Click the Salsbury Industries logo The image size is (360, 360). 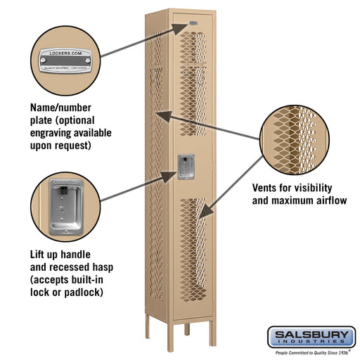point(315,335)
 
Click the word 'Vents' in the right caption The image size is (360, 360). point(268,189)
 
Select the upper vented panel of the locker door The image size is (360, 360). point(193,84)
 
